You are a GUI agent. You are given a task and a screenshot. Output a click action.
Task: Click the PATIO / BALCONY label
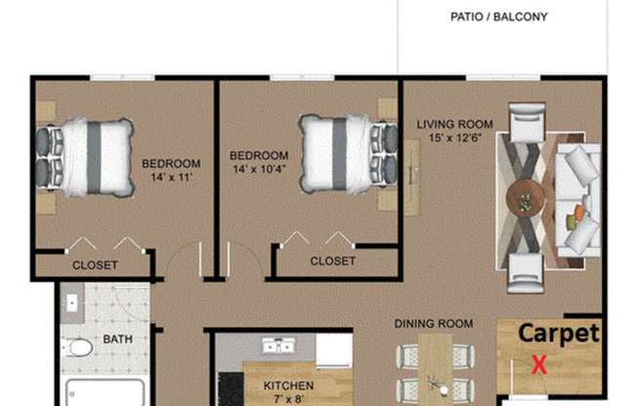click(498, 17)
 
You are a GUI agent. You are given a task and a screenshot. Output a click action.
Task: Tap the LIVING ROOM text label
click(454, 124)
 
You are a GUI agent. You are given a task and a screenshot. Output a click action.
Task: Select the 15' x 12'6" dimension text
click(455, 139)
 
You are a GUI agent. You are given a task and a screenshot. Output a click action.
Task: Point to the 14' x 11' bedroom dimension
click(171, 178)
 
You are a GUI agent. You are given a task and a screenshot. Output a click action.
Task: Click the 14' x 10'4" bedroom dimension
click(260, 170)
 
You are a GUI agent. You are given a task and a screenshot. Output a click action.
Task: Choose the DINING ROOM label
click(434, 323)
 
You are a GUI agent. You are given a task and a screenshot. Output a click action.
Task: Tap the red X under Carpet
click(537, 365)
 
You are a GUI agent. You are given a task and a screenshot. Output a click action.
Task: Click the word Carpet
click(558, 333)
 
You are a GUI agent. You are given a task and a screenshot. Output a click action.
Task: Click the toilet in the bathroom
click(80, 346)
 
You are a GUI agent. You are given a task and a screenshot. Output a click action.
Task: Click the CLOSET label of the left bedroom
click(95, 265)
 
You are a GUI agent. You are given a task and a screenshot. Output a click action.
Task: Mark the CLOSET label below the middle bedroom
click(332, 261)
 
